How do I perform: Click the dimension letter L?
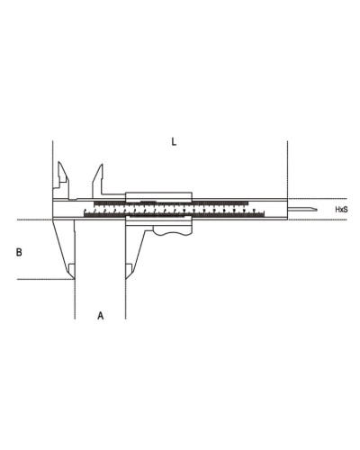[174, 141]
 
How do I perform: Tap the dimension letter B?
[19, 252]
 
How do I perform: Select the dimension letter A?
[101, 316]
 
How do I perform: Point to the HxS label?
[341, 210]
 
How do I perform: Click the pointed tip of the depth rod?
[318, 209]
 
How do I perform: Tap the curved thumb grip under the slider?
[172, 230]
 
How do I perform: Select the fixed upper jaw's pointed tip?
[59, 162]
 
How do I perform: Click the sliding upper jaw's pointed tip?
[102, 165]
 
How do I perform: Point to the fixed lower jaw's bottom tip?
[74, 279]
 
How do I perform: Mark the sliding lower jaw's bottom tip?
[126, 279]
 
